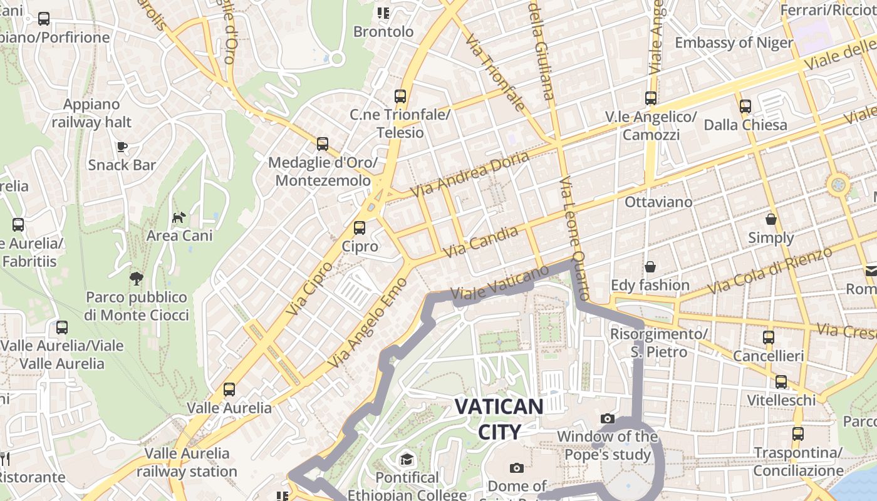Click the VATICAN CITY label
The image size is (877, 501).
click(499, 419)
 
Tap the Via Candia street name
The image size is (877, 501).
click(481, 242)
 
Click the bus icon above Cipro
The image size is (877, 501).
click(360, 228)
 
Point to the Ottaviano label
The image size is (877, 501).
click(658, 202)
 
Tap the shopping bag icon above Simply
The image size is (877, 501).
click(771, 219)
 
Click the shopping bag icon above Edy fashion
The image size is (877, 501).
click(650, 267)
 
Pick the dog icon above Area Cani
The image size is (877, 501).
click(179, 217)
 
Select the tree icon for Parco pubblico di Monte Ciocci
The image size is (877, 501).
click(137, 279)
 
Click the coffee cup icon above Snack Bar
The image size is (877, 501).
click(122, 147)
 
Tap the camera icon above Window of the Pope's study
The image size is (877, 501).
click(607, 418)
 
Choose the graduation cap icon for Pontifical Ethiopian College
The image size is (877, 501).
click(407, 460)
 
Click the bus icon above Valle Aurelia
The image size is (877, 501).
click(229, 390)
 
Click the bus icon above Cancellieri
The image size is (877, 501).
click(769, 338)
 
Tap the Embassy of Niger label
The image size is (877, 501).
click(734, 43)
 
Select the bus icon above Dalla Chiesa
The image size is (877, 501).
click(745, 106)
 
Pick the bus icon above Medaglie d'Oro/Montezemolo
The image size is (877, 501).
click(323, 144)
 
